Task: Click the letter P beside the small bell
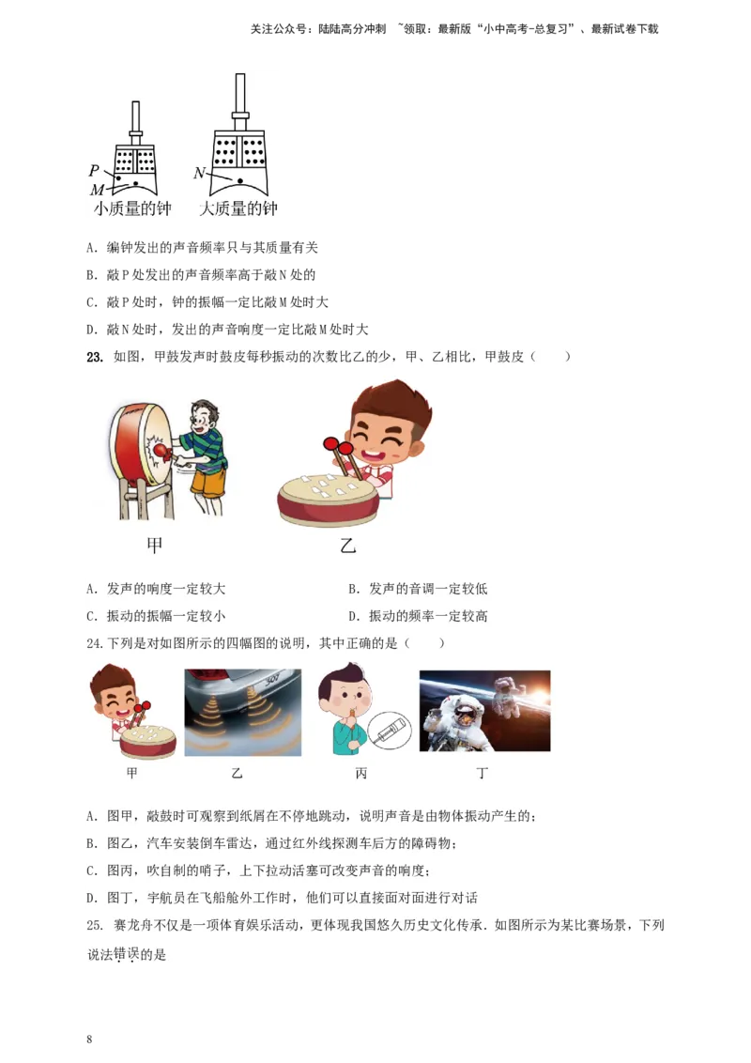pos(94,171)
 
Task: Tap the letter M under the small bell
pos(97,191)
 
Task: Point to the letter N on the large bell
pos(199,173)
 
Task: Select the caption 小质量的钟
pos(132,209)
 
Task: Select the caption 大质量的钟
pos(238,209)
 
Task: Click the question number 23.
pos(94,357)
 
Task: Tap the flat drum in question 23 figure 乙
pos(328,500)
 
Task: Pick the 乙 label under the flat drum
pos(347,545)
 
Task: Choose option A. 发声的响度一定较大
pos(156,589)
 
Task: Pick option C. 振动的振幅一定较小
pos(156,616)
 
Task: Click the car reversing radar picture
pos(242,712)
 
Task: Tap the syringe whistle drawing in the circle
pos(388,730)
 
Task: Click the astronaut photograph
pos(484,711)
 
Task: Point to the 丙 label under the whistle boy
pos(361,774)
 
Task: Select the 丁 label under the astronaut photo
pos(483,774)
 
